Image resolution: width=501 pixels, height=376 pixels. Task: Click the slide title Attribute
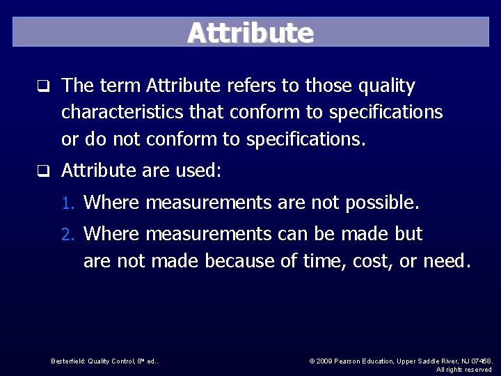250,33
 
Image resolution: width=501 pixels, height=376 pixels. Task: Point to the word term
120,86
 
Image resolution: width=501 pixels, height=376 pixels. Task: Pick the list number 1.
67,203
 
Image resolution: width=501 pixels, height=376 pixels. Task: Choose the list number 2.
67,235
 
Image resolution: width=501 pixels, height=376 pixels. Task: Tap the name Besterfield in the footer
67,361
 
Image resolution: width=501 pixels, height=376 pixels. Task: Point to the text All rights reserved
464,370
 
